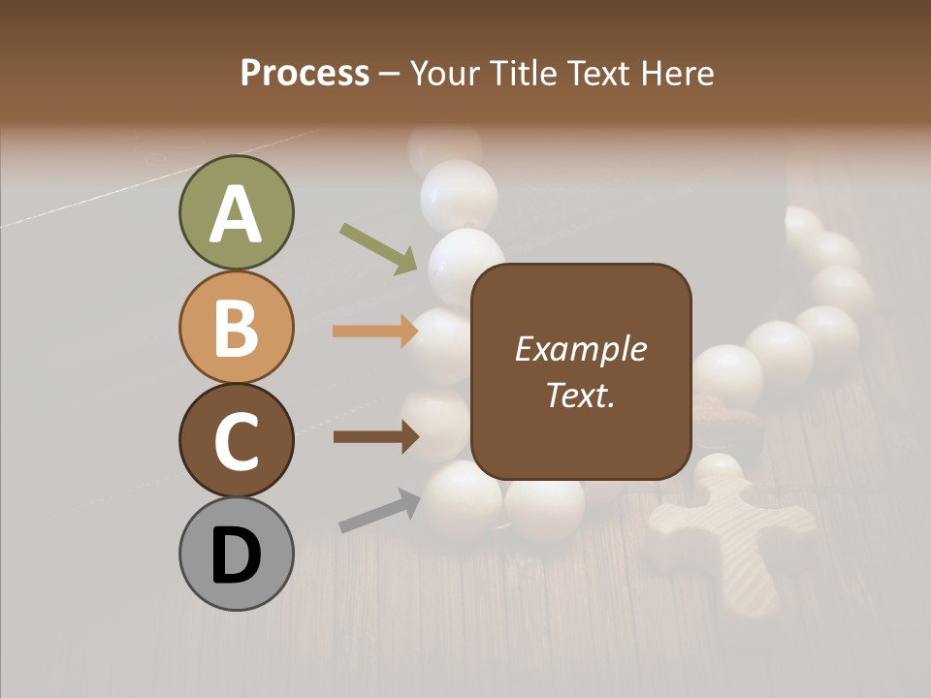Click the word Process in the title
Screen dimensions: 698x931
[305, 74]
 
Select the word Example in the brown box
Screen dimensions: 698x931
[580, 349]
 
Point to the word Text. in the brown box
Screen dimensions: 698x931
[580, 396]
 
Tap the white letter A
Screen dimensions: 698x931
[236, 214]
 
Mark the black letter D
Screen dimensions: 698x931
[236, 555]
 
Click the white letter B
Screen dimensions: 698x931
[236, 328]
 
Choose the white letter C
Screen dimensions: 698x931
[236, 441]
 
